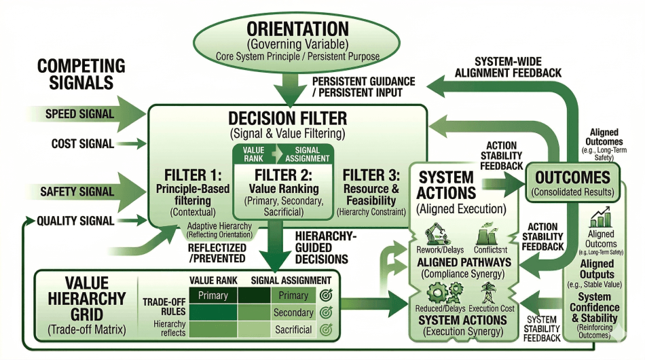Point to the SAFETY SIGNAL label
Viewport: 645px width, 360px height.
[77, 192]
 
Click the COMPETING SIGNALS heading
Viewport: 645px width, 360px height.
[81, 74]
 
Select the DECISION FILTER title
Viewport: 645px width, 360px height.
[288, 118]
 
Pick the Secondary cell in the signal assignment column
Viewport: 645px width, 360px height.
[293, 313]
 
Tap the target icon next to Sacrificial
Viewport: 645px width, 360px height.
[325, 330]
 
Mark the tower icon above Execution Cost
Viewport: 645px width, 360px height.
[490, 293]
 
